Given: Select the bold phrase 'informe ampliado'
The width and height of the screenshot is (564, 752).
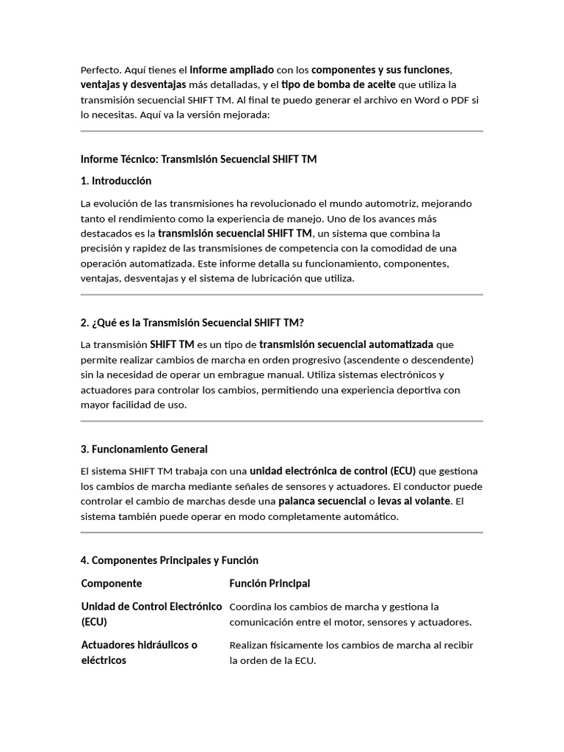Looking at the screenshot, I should pos(231,70).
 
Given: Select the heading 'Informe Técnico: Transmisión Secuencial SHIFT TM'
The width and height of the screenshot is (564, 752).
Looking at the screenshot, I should pos(198,159).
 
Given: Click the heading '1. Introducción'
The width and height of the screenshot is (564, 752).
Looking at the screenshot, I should pos(116,181).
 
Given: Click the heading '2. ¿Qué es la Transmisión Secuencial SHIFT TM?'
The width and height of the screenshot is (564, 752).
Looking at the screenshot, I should pos(192,322).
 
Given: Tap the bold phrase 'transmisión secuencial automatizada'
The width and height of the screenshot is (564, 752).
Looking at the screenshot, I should pos(346,344).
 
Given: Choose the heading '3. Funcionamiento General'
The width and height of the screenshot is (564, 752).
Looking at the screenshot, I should pos(144,449).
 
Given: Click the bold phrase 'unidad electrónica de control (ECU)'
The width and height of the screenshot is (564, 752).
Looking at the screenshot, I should pos(333,471).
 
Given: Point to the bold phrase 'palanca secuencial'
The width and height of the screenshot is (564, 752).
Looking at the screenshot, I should pos(322,501).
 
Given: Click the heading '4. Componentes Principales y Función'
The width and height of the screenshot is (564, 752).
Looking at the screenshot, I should pos(169,560).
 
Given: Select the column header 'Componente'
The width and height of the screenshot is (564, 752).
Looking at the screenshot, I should pos(112,583).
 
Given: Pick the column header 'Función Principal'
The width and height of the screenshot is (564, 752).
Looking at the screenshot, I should pos(270,583).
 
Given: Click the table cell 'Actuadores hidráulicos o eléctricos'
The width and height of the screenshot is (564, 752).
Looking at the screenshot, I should pos(139,652).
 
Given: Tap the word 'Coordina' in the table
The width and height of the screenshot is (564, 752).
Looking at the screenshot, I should pos(250,607).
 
